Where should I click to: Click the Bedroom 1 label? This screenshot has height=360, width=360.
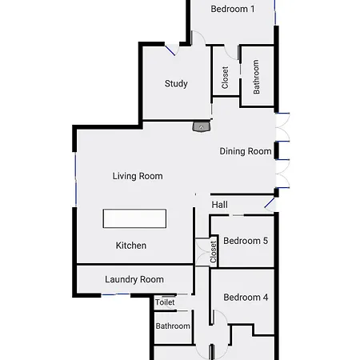233,9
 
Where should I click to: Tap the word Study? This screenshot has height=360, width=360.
176,84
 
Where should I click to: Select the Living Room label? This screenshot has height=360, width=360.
138,176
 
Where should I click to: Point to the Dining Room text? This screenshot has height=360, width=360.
246,151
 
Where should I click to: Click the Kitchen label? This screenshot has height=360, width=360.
131,246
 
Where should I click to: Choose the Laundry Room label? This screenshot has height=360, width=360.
134,279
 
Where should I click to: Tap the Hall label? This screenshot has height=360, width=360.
219,205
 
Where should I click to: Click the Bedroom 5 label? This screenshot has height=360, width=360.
246,241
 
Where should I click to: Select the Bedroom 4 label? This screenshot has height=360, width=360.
246,298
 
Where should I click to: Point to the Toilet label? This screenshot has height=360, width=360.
165,302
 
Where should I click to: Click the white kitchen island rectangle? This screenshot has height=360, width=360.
134,218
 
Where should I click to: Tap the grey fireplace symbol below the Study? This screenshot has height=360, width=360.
202,126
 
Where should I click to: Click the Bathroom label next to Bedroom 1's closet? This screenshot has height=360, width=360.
256,77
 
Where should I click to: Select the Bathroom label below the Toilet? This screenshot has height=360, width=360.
173,326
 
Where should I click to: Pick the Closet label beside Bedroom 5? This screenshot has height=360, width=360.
213,252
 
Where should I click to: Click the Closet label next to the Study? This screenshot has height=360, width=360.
225,78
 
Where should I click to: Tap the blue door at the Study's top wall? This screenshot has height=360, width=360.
170,50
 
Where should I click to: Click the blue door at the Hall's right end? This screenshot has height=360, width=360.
270,202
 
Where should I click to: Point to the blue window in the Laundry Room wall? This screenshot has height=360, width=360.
116,294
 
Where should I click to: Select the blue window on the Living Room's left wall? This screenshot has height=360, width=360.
76,179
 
